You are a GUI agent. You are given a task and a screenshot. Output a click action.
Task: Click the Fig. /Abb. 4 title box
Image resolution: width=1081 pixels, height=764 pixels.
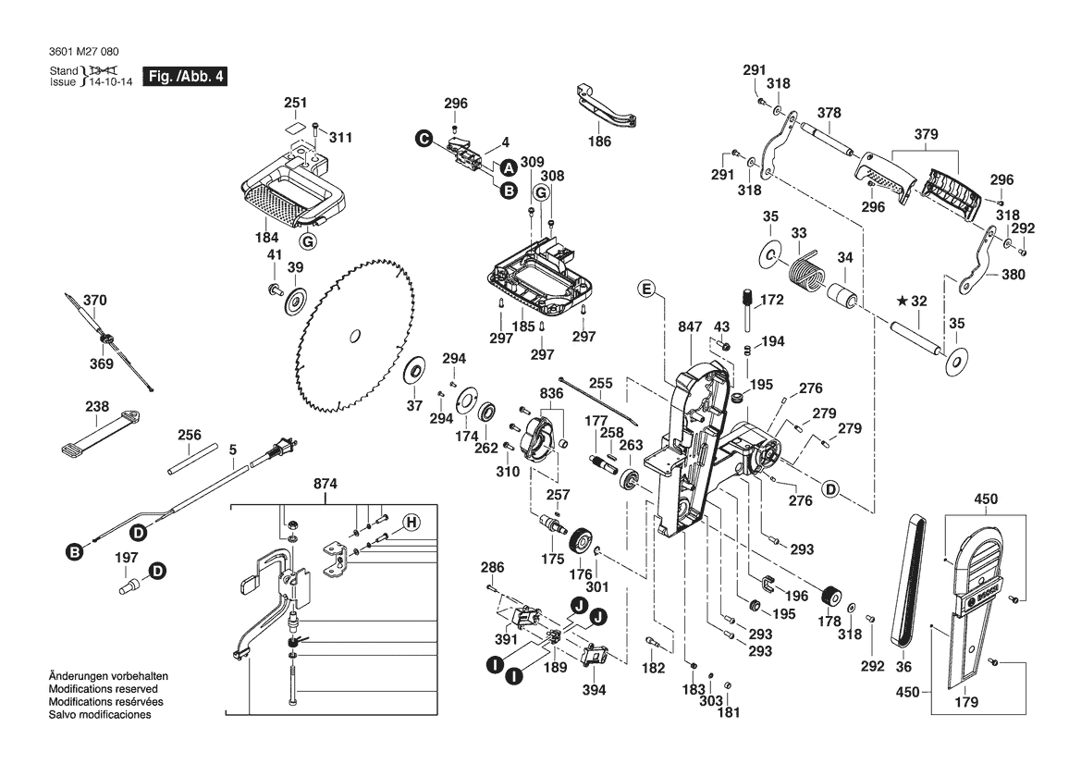point(183,77)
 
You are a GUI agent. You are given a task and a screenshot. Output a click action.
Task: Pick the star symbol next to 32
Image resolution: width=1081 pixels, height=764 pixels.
point(901,301)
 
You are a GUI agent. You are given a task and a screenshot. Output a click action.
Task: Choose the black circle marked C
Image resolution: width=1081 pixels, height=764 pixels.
point(423,140)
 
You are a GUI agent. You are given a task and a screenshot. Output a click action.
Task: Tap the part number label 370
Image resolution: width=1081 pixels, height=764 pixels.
point(95,301)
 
